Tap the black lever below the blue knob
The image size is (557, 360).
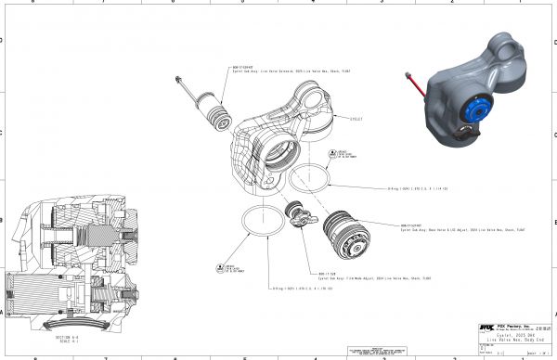(x=466, y=133)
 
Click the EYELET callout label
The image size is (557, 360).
(x=356, y=119)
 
